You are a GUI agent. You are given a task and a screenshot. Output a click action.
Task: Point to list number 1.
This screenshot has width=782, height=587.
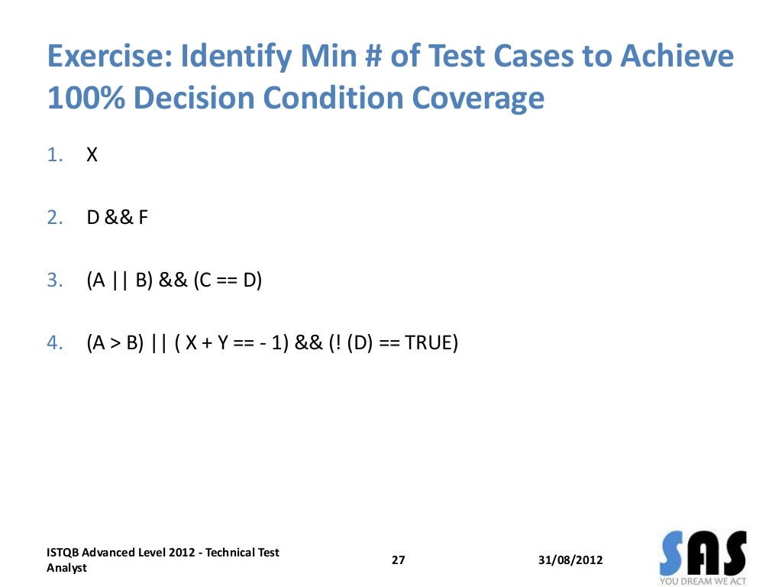54,155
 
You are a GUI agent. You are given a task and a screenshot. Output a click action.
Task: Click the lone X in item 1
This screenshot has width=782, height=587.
92,155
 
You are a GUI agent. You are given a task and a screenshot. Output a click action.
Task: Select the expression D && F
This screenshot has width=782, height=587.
117,218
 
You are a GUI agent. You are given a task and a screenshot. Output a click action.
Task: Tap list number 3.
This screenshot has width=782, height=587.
54,281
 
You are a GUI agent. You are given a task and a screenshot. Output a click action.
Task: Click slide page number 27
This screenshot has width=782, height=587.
398,560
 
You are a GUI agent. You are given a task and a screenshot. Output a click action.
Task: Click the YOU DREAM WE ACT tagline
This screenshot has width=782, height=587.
702,581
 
